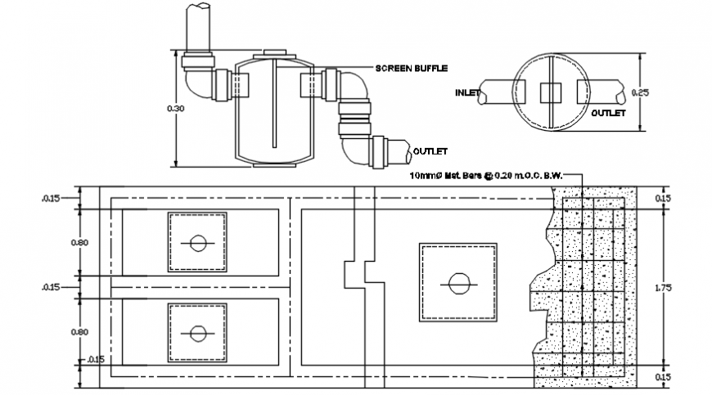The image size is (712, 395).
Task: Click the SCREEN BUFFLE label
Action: click(x=412, y=68)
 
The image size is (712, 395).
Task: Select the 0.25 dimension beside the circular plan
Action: click(x=643, y=93)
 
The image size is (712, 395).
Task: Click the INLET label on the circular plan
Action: click(x=466, y=93)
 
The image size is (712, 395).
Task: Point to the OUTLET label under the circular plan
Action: click(x=608, y=112)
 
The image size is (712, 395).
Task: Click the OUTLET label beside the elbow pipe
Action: click(x=430, y=151)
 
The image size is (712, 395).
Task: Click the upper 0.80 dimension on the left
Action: click(x=79, y=242)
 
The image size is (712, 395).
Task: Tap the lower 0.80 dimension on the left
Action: click(x=79, y=332)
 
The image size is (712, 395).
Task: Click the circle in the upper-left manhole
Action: click(x=197, y=243)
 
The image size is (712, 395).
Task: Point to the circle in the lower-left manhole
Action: click(x=197, y=333)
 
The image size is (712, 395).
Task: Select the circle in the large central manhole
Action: click(x=459, y=283)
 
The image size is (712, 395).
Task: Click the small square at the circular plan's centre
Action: click(x=550, y=92)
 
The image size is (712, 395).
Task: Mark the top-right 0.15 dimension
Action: click(x=663, y=199)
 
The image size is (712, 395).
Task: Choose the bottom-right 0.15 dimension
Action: click(x=663, y=376)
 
